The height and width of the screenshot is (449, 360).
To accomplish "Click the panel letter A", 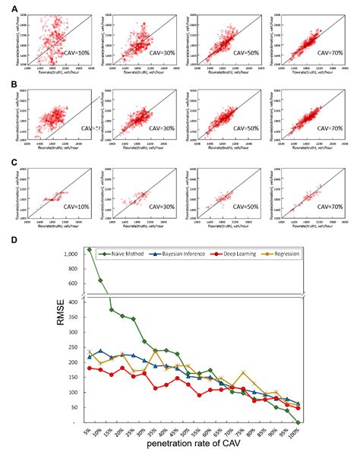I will coord(7,8).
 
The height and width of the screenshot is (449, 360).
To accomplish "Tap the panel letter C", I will coord(7,160).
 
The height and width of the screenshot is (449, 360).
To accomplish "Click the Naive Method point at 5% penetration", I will coord(90,249).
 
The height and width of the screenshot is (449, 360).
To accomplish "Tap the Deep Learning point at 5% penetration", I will coord(90,368).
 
